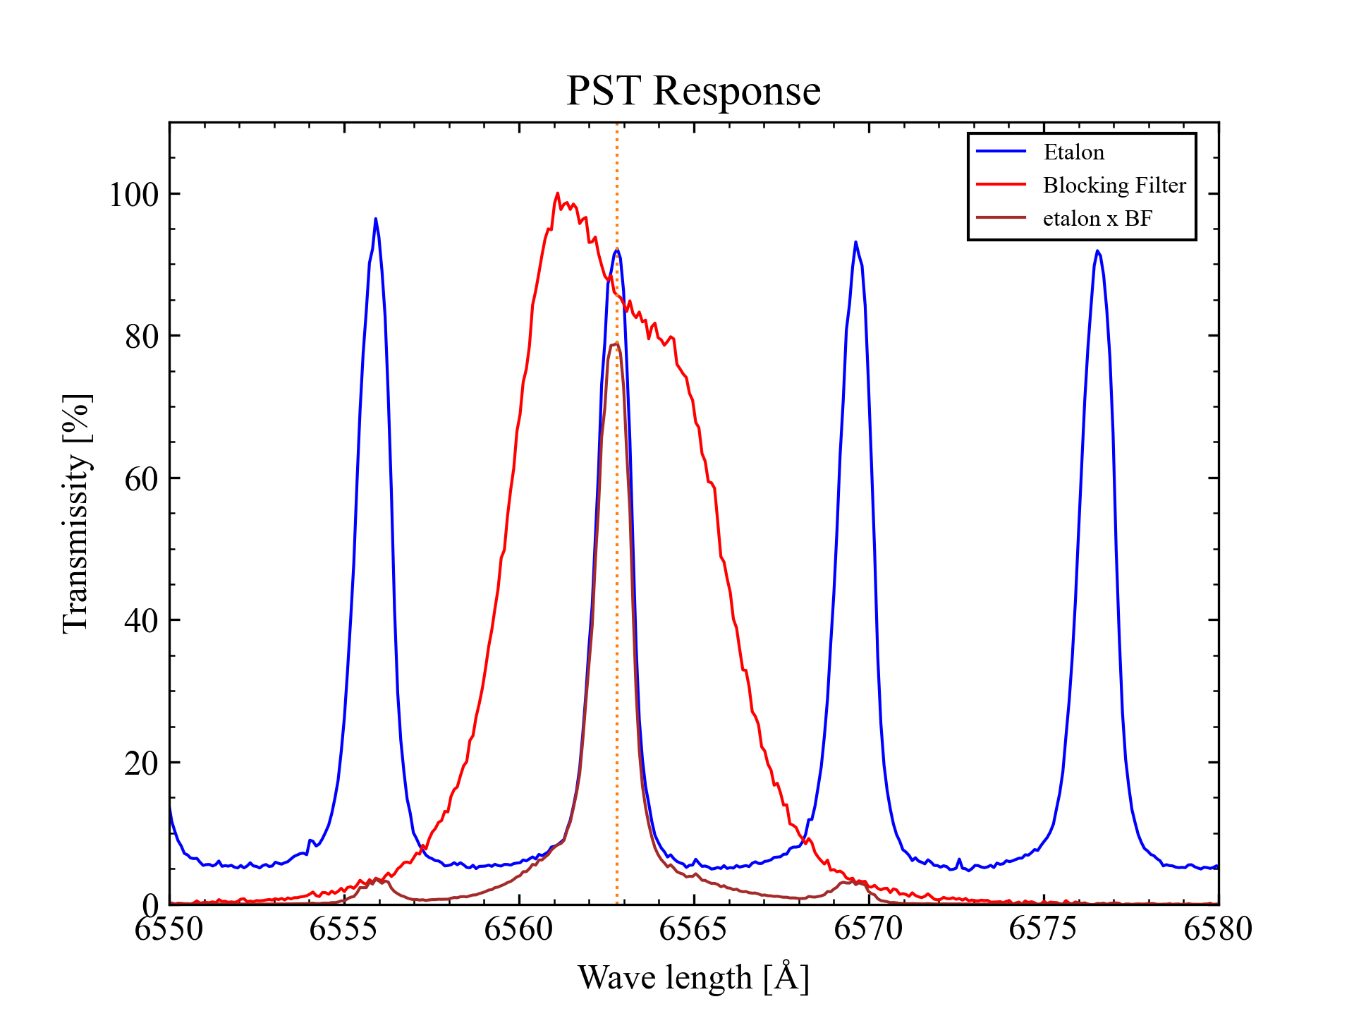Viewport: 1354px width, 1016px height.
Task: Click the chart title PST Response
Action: tap(693, 91)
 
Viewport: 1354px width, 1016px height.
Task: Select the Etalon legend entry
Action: tap(1073, 152)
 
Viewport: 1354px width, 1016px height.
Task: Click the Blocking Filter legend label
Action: tap(1114, 186)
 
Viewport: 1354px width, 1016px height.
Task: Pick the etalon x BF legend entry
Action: tap(1097, 219)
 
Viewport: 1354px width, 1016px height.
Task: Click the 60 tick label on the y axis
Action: tap(142, 479)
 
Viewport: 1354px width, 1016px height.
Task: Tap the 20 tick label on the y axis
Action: tap(142, 763)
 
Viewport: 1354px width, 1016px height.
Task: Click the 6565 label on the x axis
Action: tap(693, 929)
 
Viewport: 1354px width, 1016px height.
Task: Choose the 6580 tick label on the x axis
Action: tap(1218, 929)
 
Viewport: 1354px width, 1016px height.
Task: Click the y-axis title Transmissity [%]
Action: tap(76, 514)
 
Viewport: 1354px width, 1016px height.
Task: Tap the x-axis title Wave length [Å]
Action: tap(693, 978)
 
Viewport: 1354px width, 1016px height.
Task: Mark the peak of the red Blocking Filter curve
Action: tap(557, 193)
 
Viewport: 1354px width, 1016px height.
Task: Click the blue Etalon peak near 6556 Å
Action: tap(375, 219)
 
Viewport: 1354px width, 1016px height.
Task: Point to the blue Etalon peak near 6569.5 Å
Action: tap(855, 242)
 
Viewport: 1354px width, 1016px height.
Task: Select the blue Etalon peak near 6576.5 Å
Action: tap(1097, 251)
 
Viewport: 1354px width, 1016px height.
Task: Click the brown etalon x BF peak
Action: tap(616, 344)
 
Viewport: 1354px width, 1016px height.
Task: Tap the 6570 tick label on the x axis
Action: tap(868, 929)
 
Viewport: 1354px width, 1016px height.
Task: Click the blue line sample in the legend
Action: tap(1001, 152)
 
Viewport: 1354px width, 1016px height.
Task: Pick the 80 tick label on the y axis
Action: tap(142, 337)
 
